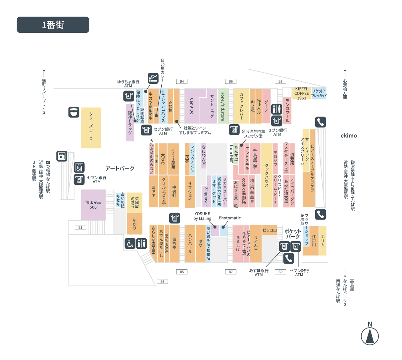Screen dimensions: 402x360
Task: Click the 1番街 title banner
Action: coord(53,25)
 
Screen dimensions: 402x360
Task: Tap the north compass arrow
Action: coord(370,336)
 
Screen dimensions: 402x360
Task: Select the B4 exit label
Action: coord(181,81)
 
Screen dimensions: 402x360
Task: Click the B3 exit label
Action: coord(162,282)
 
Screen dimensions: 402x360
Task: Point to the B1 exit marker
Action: coord(80,228)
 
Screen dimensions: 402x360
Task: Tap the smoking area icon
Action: coord(153,78)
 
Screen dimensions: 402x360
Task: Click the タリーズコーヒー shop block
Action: coord(91,128)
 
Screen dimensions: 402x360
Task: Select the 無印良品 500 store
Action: coord(93,205)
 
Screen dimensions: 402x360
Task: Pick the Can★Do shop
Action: coord(192,106)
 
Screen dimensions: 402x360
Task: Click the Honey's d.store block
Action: coord(223,106)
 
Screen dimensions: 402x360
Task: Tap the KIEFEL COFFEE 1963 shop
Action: coord(301,93)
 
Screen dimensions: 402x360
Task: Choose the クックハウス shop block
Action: coord(267,175)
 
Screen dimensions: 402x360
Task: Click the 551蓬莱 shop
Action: coord(173,159)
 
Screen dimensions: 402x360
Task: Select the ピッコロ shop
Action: coord(270,230)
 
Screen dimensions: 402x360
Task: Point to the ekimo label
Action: coord(349,136)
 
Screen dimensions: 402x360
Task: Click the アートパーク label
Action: coord(120,168)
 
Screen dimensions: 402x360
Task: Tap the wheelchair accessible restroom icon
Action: coord(130,243)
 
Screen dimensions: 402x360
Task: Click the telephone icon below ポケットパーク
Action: coord(288,258)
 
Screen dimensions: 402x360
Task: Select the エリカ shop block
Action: coord(323,240)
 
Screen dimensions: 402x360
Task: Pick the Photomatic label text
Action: coord(229,218)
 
